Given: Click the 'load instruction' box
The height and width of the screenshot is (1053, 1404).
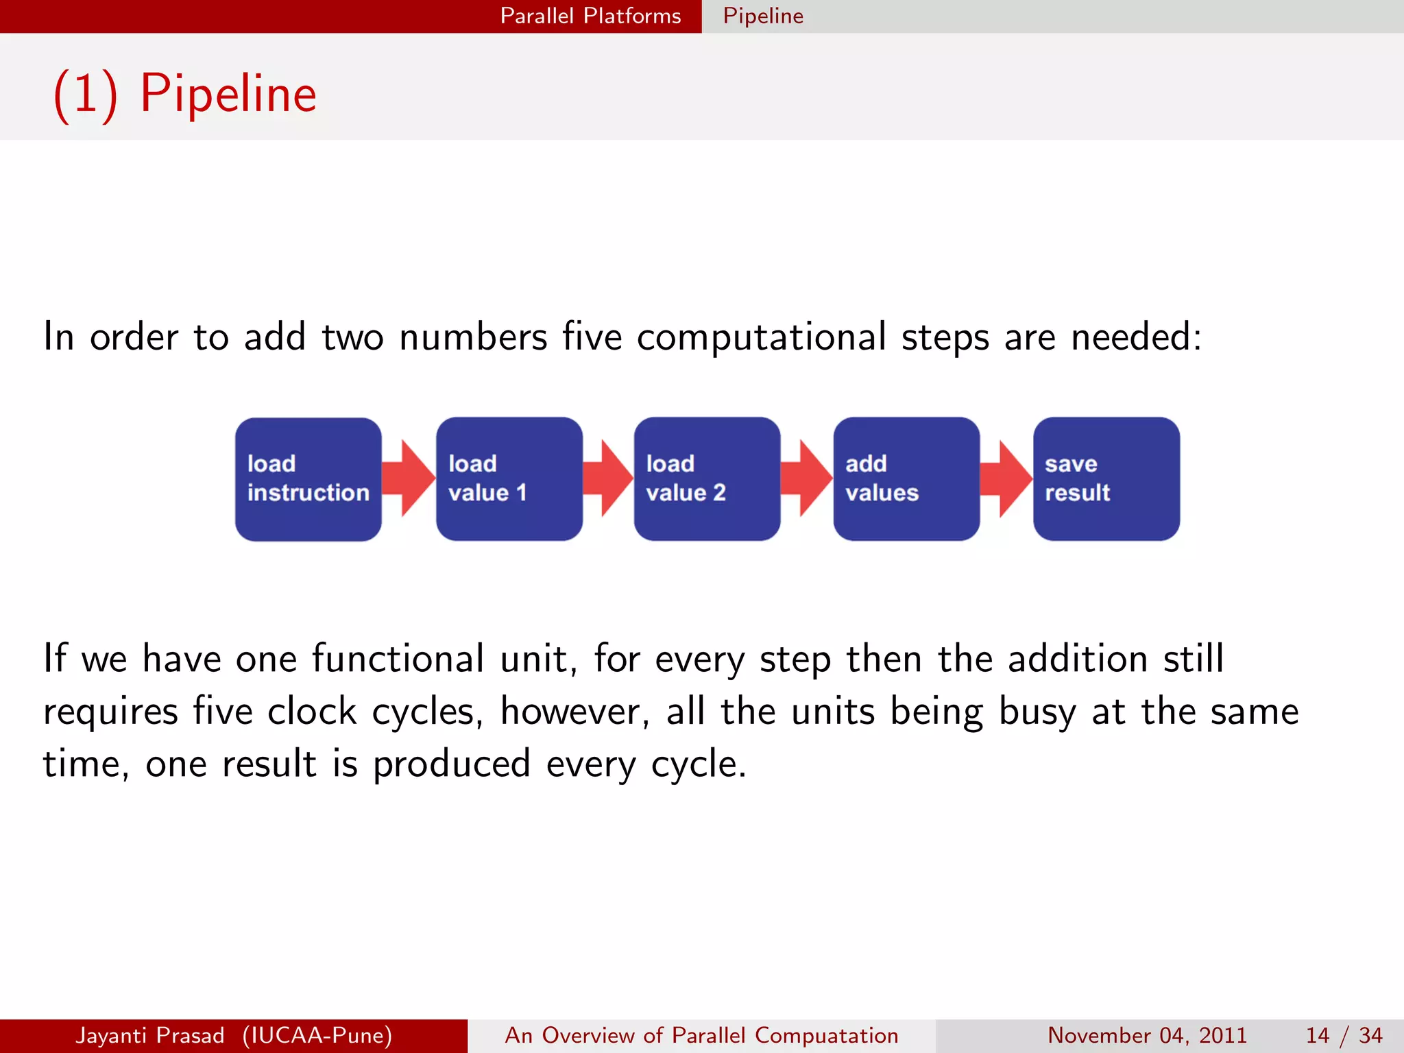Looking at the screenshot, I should click(308, 479).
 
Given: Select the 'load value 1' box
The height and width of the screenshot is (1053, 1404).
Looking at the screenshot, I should click(509, 479).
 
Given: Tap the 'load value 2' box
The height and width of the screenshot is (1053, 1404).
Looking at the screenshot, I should click(707, 479).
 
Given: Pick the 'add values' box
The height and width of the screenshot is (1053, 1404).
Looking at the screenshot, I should click(906, 479).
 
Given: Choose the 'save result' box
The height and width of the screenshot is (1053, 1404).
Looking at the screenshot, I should click(1106, 479).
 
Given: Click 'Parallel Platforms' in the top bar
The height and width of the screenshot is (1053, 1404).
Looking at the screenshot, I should click(590, 16).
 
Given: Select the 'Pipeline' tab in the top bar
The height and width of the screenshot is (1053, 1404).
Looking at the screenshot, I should click(763, 16).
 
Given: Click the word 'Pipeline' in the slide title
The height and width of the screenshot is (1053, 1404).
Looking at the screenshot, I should click(228, 94).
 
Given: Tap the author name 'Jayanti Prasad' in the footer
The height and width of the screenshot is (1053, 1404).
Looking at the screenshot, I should click(150, 1035).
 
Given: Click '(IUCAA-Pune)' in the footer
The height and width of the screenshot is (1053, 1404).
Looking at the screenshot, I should click(317, 1035).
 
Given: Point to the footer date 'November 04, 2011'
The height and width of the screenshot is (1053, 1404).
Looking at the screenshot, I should click(1147, 1035).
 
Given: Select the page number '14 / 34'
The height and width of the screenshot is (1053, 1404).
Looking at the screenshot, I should click(1344, 1035).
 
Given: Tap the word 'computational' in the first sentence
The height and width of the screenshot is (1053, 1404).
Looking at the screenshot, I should click(761, 337).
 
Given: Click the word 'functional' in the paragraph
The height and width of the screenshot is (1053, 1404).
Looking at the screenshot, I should click(398, 659).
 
